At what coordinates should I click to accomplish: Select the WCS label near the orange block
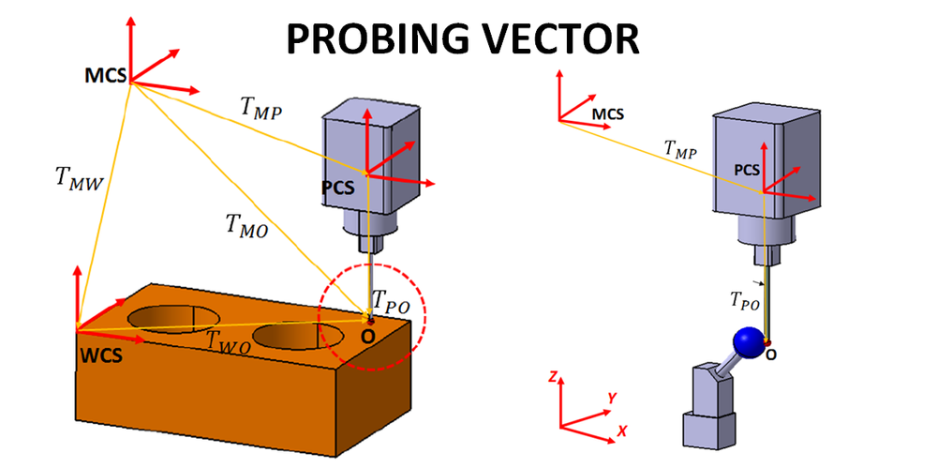pyautogui.click(x=99, y=357)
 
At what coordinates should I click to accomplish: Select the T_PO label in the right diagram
pyautogui.click(x=745, y=300)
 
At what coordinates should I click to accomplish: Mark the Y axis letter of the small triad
pyautogui.click(x=612, y=398)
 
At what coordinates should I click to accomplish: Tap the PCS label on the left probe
pyautogui.click(x=338, y=187)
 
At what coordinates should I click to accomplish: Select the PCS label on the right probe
pyautogui.click(x=747, y=170)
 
